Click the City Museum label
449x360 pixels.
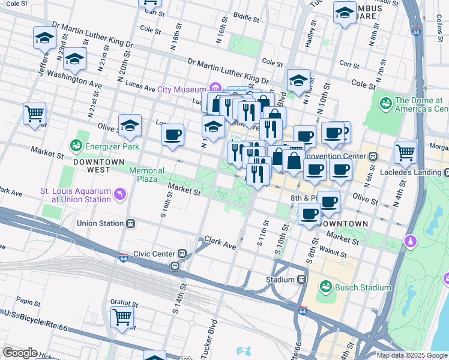pyautogui.click(x=181, y=89)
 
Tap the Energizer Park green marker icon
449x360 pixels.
pyautogui.click(x=76, y=145)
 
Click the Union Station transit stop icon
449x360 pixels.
pyautogui.click(x=131, y=223)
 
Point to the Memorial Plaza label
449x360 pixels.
pyautogui.click(x=147, y=175)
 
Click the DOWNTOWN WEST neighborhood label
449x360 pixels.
pyautogui.click(x=98, y=166)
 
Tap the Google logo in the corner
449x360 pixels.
pyautogui.click(x=20, y=353)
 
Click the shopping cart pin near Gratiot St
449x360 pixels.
pyautogui.click(x=122, y=317)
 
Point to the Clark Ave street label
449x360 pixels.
pyautogui.click(x=220, y=241)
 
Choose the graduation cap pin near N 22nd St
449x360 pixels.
pyautogui.click(x=74, y=59)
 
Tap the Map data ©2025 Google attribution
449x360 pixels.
pyautogui.click(x=412, y=355)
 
